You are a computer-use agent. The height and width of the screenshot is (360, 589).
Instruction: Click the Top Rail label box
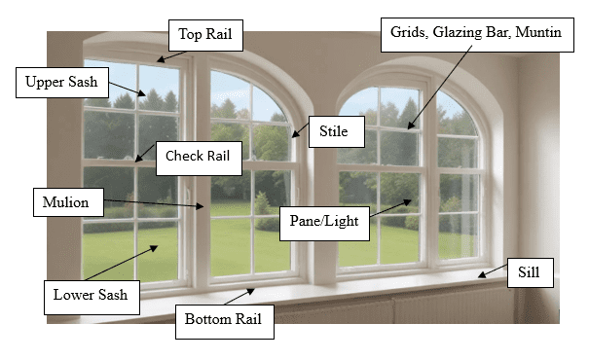(x=205, y=35)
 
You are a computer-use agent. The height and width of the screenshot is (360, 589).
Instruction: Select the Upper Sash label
(x=61, y=82)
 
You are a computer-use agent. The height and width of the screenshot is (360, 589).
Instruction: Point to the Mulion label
(x=66, y=203)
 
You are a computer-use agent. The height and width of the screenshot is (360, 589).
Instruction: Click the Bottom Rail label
(x=224, y=319)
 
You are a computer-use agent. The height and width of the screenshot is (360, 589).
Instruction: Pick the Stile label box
(x=327, y=130)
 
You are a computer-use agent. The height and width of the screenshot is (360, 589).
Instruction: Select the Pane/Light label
(x=324, y=222)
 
